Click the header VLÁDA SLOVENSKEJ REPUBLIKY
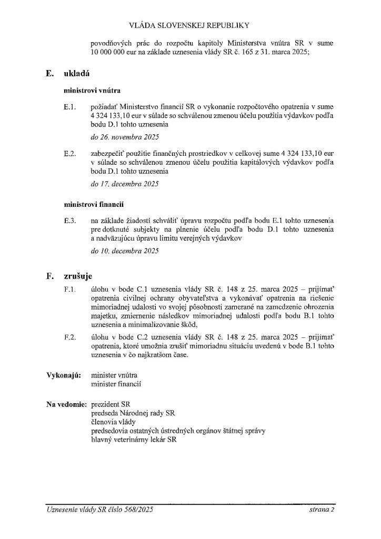click(x=190, y=25)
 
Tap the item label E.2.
click(x=70, y=153)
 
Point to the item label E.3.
click(x=70, y=220)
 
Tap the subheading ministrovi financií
click(x=94, y=203)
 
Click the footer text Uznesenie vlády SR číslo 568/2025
click(x=99, y=510)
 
